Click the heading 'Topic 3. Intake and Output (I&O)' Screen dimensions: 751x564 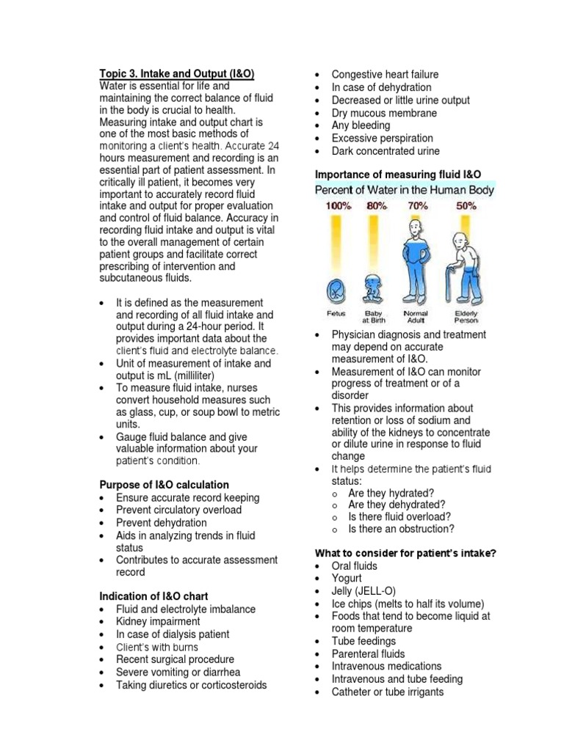[x=177, y=74]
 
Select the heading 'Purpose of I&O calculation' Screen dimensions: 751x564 [x=164, y=485]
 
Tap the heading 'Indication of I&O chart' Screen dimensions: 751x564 [x=155, y=597]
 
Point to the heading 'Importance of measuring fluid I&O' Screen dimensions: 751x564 [x=398, y=174]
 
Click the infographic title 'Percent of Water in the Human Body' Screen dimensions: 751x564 [x=405, y=190]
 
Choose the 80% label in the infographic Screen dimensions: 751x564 [x=376, y=206]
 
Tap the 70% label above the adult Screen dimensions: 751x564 [x=417, y=206]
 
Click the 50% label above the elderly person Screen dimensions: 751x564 [x=466, y=206]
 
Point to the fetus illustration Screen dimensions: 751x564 [x=336, y=291]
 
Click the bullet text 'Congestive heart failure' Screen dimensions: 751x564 [x=385, y=75]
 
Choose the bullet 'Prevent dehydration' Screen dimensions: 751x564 [x=161, y=523]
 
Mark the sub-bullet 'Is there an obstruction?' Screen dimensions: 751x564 [x=401, y=529]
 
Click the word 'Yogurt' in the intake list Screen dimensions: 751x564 [x=348, y=579]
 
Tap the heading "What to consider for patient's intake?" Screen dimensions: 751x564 [x=405, y=553]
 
